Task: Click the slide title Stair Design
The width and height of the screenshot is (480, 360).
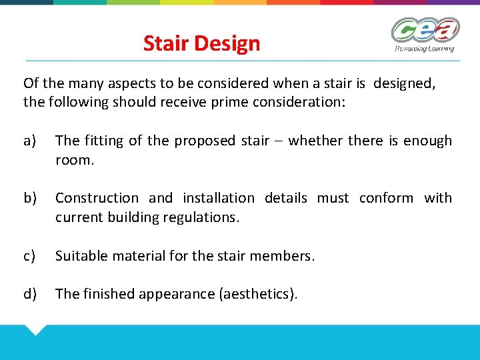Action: click(x=201, y=44)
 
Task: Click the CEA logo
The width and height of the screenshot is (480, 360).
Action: click(x=425, y=34)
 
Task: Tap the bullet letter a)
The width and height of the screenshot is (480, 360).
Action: click(x=30, y=141)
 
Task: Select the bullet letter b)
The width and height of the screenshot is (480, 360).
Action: click(x=30, y=198)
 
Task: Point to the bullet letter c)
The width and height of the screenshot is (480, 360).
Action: click(x=30, y=255)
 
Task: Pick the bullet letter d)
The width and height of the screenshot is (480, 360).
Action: click(x=30, y=294)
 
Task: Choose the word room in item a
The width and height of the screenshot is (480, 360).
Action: click(x=73, y=160)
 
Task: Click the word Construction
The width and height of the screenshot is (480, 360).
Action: click(x=97, y=198)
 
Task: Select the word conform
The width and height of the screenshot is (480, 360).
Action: click(x=385, y=198)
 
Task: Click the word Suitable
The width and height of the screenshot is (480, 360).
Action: click(x=79, y=255)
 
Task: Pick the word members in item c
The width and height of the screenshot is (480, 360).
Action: click(x=283, y=255)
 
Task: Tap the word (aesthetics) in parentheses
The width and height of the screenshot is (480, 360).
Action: click(x=257, y=294)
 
